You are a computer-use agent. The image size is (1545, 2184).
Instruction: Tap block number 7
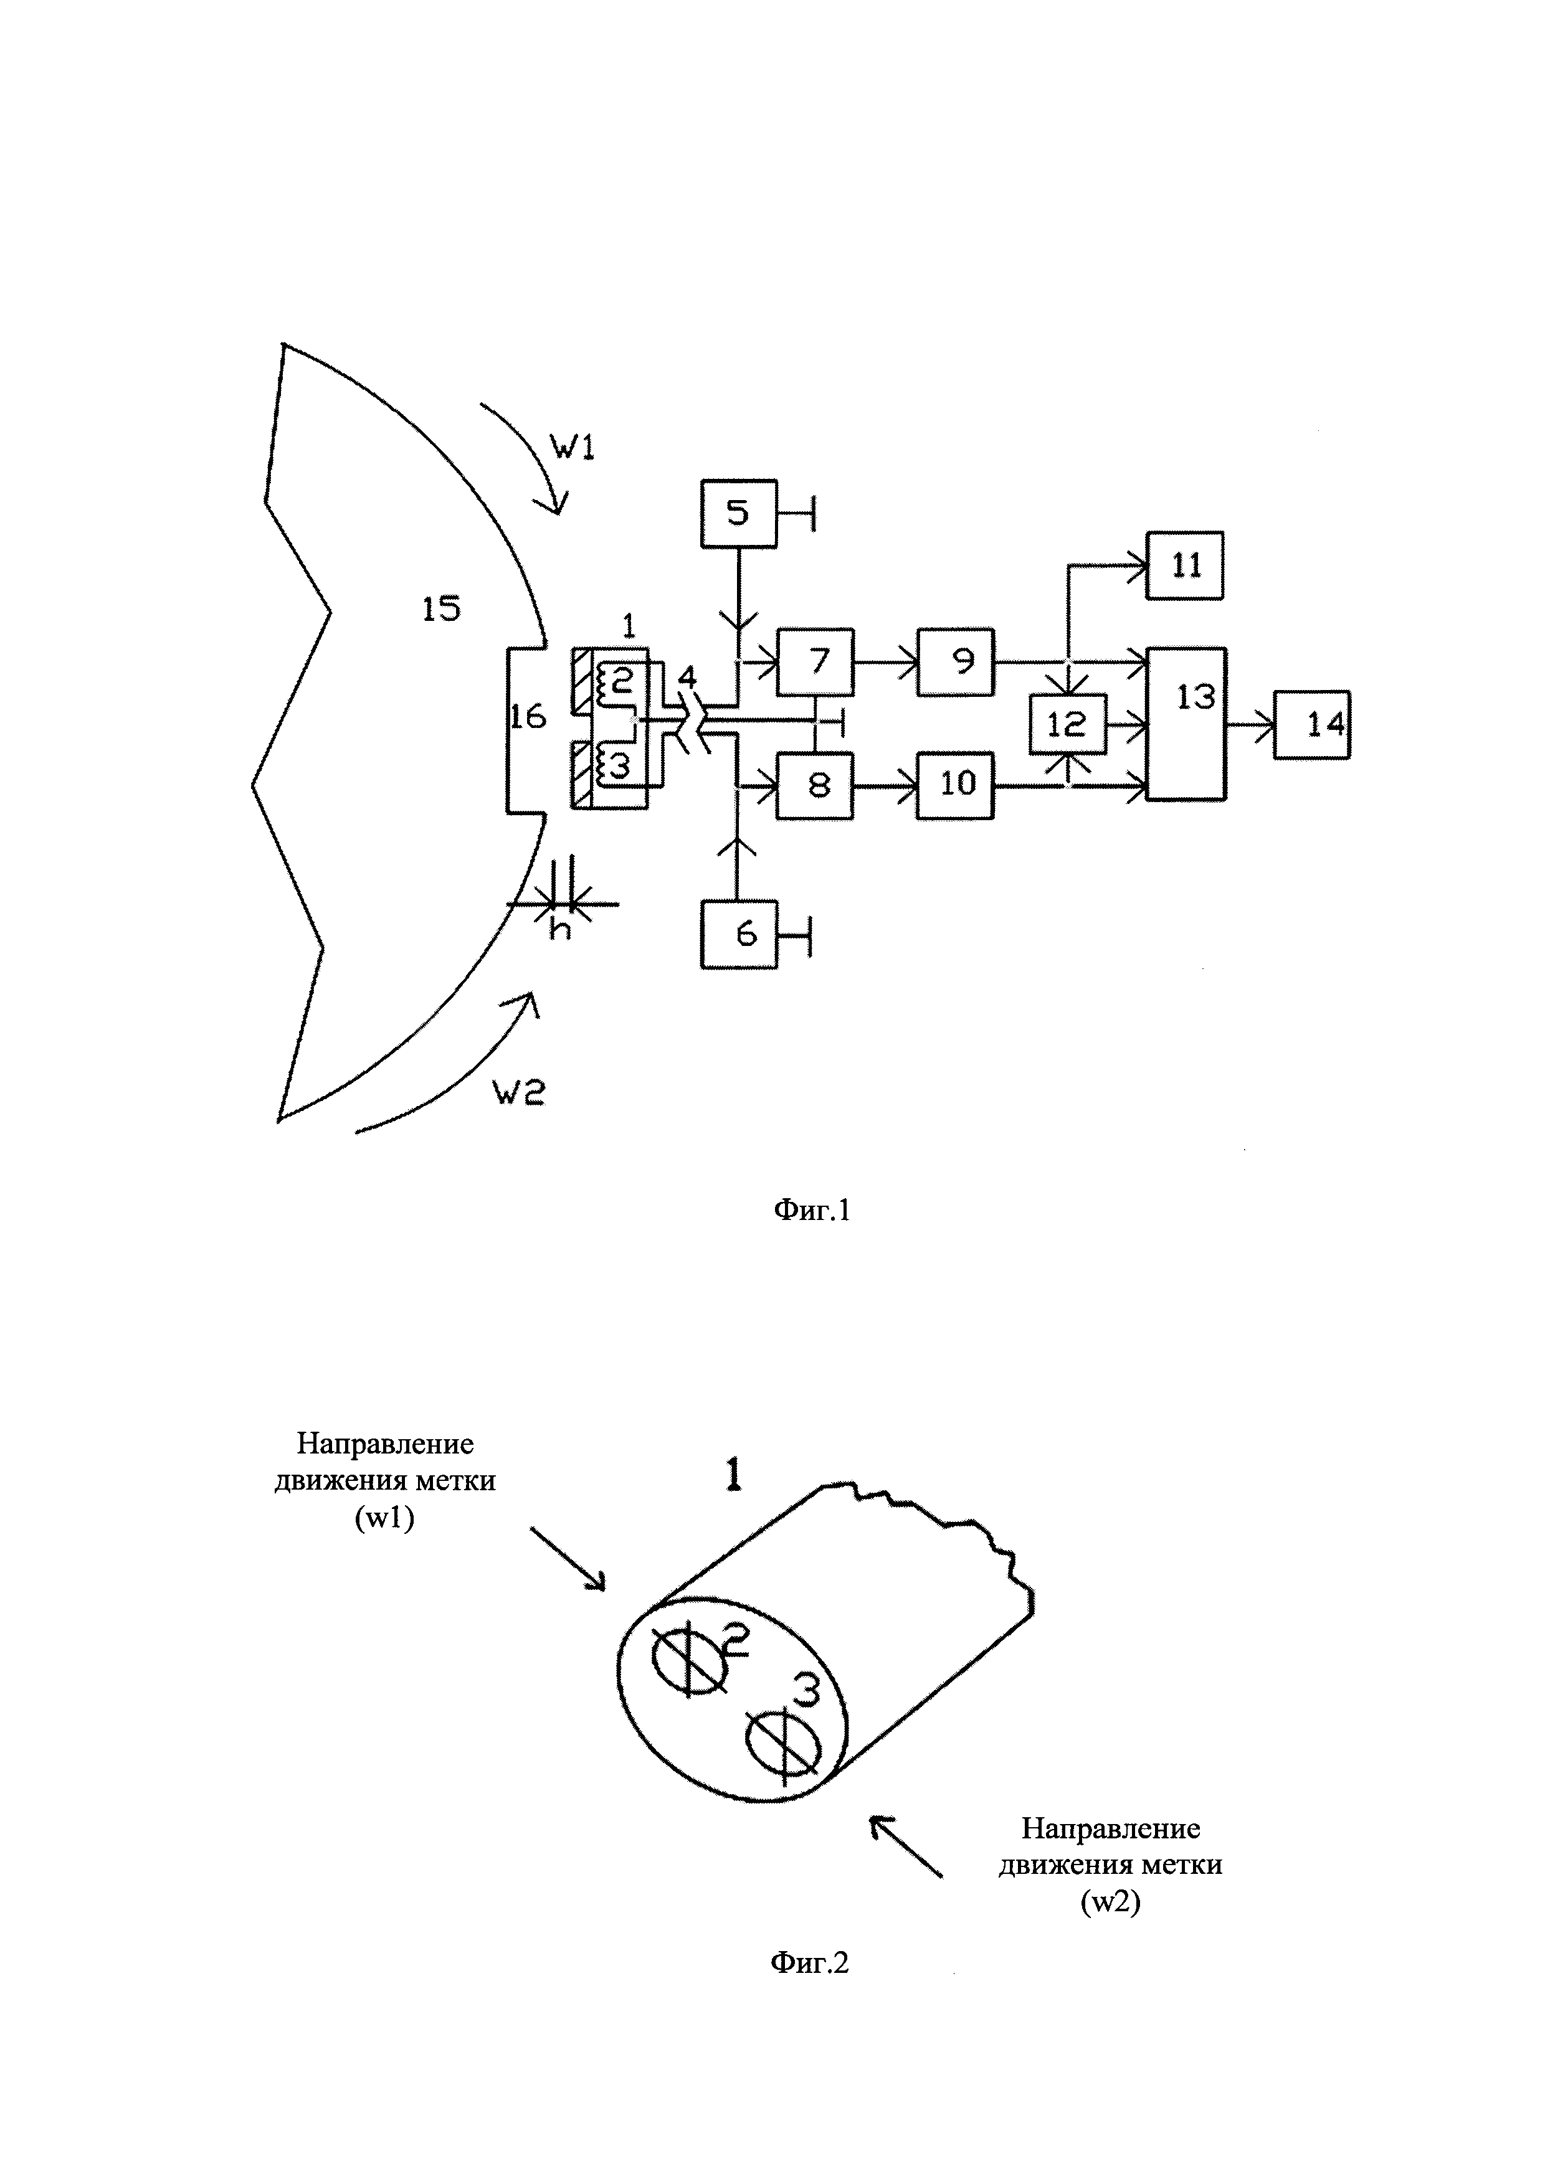(815, 662)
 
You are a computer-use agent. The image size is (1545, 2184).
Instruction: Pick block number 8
(815, 785)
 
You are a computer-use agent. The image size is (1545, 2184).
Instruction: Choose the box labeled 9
(955, 662)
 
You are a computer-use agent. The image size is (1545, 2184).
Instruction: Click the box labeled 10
(955, 785)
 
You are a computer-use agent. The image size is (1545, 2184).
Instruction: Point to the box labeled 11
(1184, 565)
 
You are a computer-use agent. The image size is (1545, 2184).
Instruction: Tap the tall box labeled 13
(1186, 724)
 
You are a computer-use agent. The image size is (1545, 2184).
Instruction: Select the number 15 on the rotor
(442, 609)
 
